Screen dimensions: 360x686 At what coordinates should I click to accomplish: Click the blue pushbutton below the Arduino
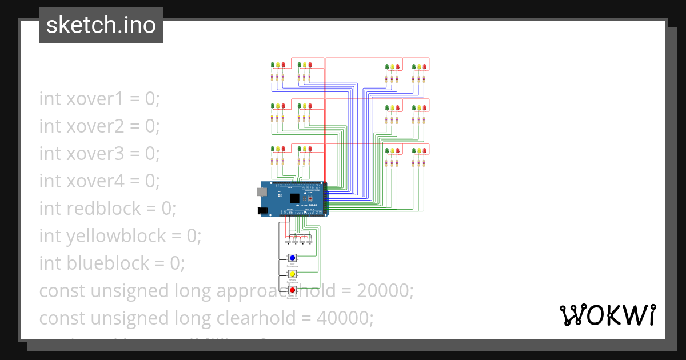(x=292, y=258)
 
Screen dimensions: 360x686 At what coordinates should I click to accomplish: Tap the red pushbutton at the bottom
(x=292, y=290)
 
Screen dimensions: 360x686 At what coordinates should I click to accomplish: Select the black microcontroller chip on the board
(x=295, y=198)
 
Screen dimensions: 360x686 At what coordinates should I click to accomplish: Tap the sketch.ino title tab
(x=101, y=25)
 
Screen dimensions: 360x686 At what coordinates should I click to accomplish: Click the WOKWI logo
(x=607, y=315)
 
